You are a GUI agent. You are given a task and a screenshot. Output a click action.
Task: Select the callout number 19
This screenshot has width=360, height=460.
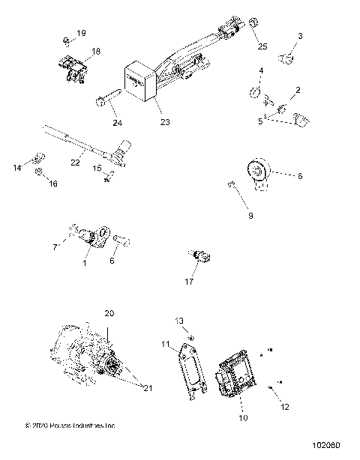81,34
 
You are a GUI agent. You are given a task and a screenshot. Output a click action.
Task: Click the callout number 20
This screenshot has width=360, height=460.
109,313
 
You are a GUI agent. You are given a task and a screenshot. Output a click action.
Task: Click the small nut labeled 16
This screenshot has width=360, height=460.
37,172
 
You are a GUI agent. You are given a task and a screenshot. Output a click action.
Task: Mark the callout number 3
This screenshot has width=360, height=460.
300,36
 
